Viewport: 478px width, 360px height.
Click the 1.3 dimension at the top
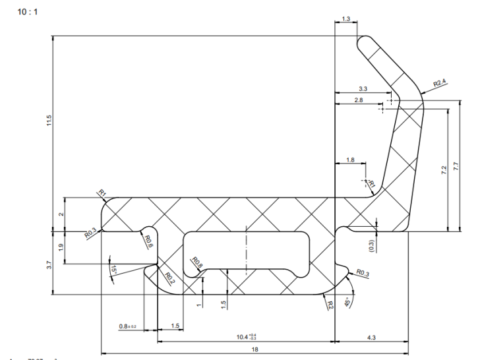click(x=346, y=20)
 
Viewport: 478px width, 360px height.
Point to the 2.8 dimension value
click(x=359, y=100)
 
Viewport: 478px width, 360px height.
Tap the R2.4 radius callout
click(x=440, y=83)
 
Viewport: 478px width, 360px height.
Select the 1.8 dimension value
click(x=350, y=160)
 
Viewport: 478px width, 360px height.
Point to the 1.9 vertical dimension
click(x=61, y=248)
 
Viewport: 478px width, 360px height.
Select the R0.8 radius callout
click(x=196, y=264)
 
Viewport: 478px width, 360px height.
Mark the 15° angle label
click(x=113, y=271)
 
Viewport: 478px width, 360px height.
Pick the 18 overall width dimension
click(x=254, y=349)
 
